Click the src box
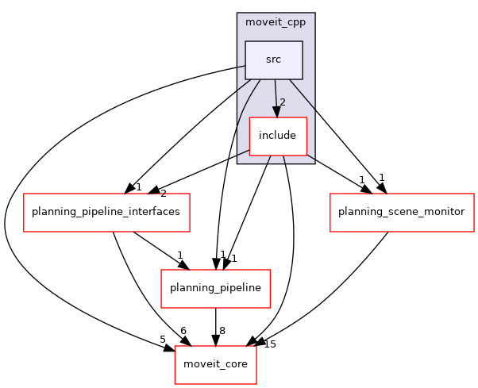click(x=273, y=60)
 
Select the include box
click(x=277, y=136)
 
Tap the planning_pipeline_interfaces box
click(x=106, y=212)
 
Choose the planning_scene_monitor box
click(x=401, y=212)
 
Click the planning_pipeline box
click(x=216, y=288)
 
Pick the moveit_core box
click(x=216, y=364)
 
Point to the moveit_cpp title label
click(x=276, y=21)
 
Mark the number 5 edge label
click(x=163, y=340)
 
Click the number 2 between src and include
click(x=281, y=102)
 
